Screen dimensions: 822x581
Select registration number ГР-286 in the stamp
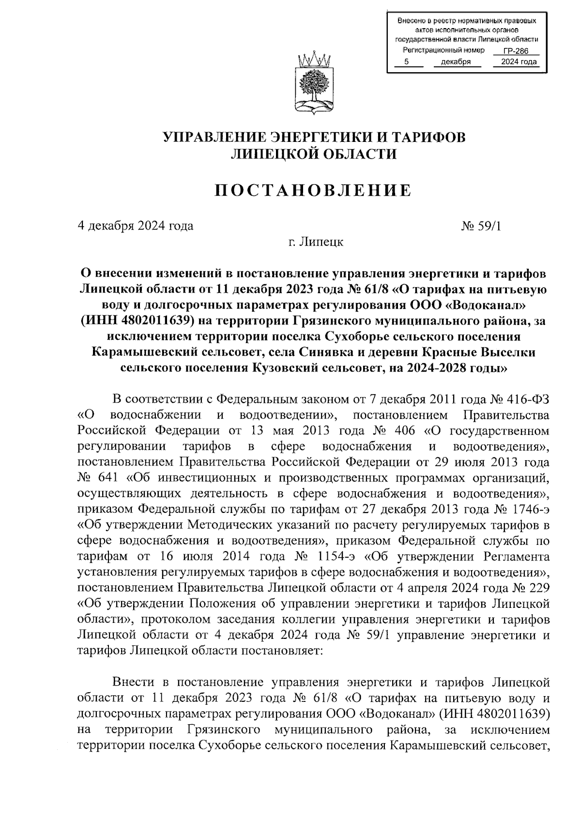[x=515, y=51]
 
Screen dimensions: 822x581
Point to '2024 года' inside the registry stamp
[x=519, y=62]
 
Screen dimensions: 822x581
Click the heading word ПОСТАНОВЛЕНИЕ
[x=313, y=190]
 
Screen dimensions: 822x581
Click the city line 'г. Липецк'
[x=314, y=241]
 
